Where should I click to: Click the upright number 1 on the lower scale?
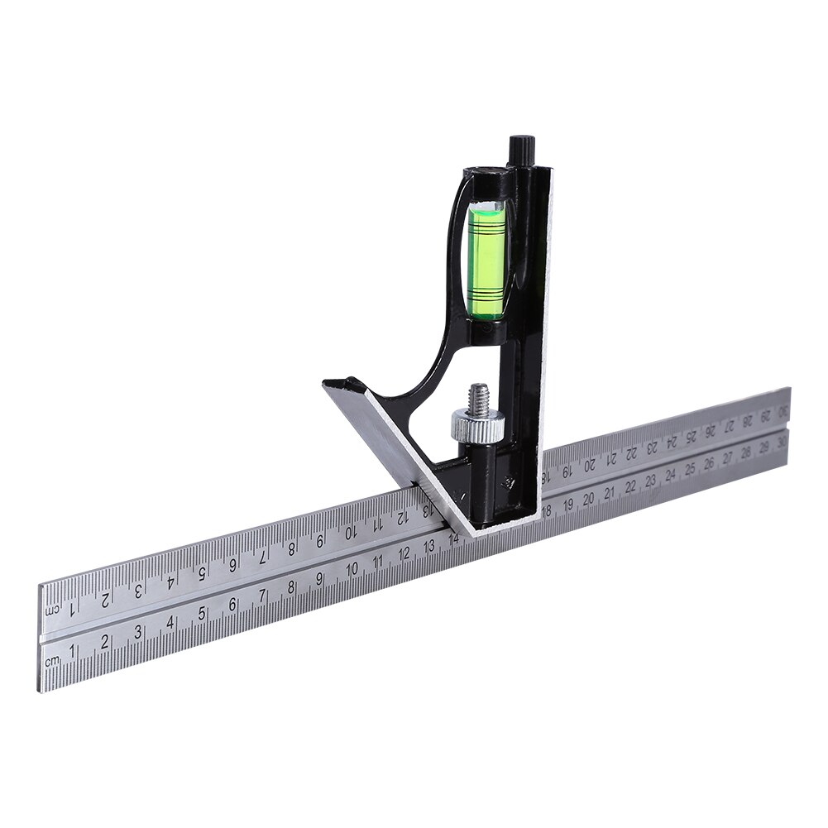pos(73,650)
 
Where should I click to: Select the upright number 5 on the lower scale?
pos(203,614)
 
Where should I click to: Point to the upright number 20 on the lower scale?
pos(588,498)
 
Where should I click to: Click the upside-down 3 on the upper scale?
pos(138,590)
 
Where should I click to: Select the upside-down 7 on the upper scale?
pos(262,555)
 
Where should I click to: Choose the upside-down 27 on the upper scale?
pos(728,427)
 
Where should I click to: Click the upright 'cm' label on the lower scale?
pos(52,658)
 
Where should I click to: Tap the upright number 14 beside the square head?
pos(453,539)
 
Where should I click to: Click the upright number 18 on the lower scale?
pos(546,511)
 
